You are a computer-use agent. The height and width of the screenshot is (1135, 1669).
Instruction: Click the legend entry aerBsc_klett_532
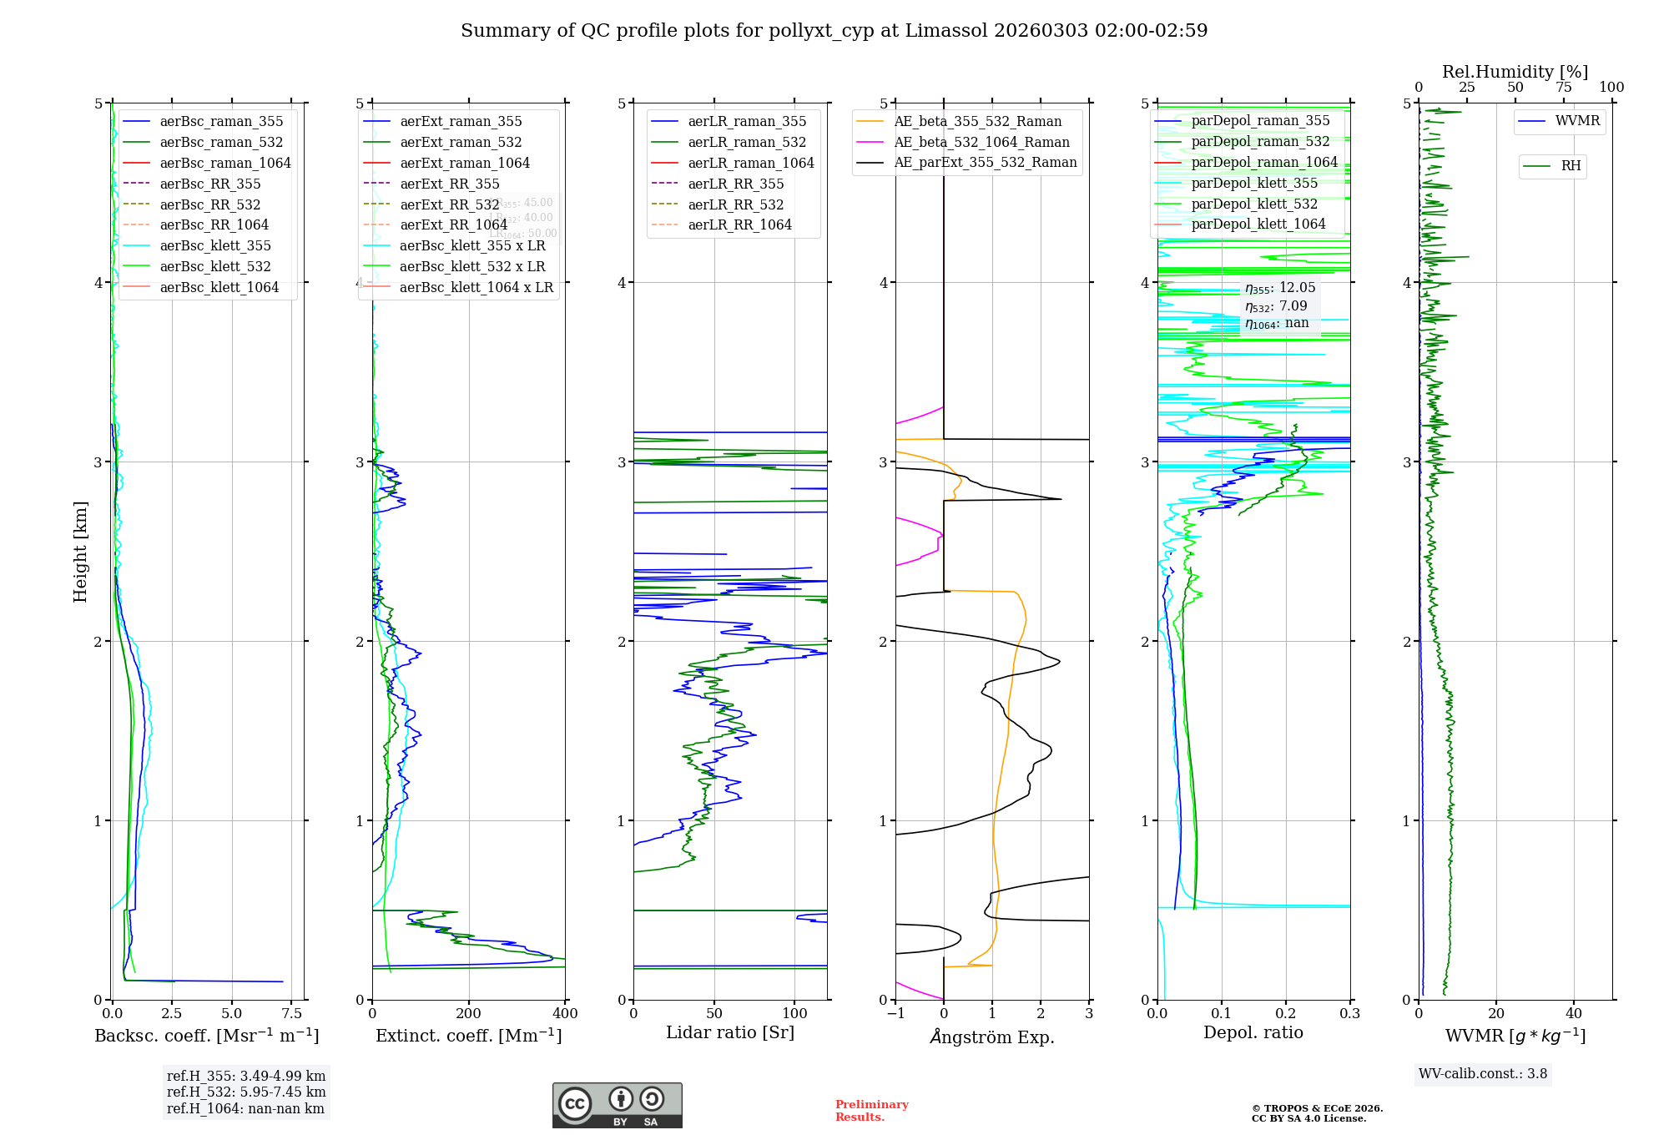pos(215,266)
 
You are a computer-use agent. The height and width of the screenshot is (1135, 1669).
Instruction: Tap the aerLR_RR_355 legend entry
pos(735,184)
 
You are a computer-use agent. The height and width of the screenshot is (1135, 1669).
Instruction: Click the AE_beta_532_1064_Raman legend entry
pos(981,142)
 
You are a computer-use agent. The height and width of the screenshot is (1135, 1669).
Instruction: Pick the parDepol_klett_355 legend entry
pos(1254,183)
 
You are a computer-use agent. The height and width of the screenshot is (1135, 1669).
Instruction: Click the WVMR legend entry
pos(1577,121)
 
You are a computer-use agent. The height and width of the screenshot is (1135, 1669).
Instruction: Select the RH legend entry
pos(1571,166)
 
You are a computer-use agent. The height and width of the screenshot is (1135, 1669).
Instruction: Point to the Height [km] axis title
pos(80,551)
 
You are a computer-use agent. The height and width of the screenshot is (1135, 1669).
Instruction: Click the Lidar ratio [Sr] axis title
pos(730,1032)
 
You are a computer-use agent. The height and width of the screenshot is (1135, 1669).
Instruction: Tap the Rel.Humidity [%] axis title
pos(1515,72)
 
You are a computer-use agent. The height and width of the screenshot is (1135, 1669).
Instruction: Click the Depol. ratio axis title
pos(1253,1032)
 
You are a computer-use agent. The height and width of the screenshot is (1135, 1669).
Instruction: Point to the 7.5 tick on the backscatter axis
pos(291,1013)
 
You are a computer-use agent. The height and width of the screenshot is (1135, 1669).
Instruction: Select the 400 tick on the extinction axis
pos(565,1013)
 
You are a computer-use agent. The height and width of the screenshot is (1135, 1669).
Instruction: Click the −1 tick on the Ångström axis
pos(895,1013)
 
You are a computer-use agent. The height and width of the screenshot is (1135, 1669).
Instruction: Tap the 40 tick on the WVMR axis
pos(1573,1013)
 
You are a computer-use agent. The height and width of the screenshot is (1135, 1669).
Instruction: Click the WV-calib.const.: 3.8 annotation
pos(1483,1073)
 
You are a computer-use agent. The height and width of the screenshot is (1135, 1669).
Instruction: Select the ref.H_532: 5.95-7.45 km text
pos(246,1092)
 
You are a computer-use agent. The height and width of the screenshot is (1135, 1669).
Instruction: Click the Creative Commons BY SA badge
pos(617,1105)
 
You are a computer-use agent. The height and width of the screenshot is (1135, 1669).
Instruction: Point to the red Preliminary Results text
pos(871,1110)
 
